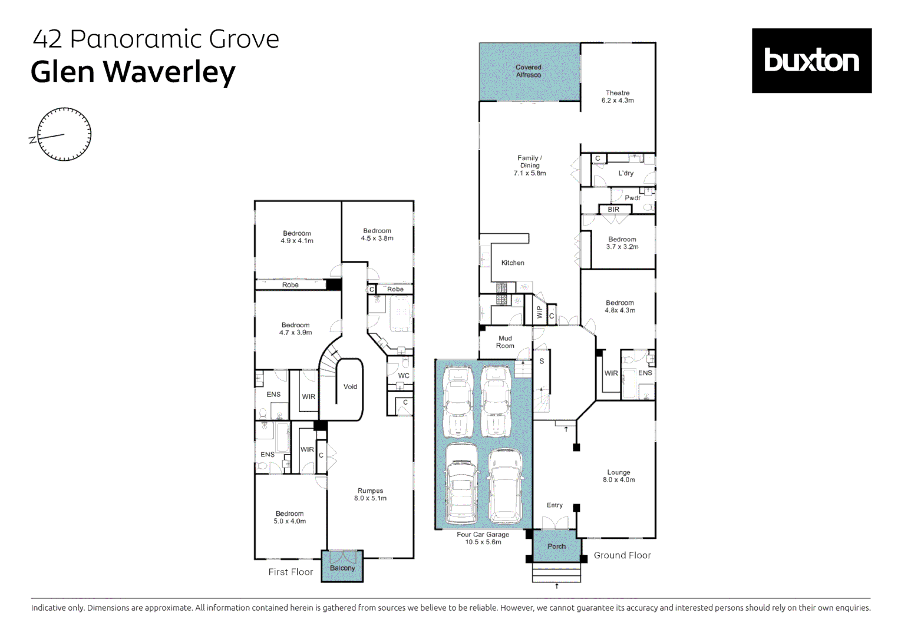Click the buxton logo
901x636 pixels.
(811, 61)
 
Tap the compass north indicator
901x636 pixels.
(32, 140)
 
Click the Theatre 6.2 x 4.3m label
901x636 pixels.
(618, 97)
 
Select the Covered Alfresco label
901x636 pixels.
(528, 71)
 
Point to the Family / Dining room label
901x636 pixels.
(529, 165)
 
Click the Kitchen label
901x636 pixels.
(513, 263)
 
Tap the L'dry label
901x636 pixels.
(626, 173)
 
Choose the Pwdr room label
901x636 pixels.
(632, 198)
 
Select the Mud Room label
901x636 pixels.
(505, 342)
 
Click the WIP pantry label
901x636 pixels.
(539, 312)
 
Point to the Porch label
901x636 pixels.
(557, 546)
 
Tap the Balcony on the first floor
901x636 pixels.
(342, 566)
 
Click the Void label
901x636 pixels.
(350, 386)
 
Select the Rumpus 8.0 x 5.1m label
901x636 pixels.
(370, 495)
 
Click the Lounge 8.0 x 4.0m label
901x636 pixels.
(619, 476)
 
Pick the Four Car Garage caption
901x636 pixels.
(483, 538)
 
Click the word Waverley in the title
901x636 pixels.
(170, 72)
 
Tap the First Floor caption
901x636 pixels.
(291, 572)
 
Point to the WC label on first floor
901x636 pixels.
(404, 376)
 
